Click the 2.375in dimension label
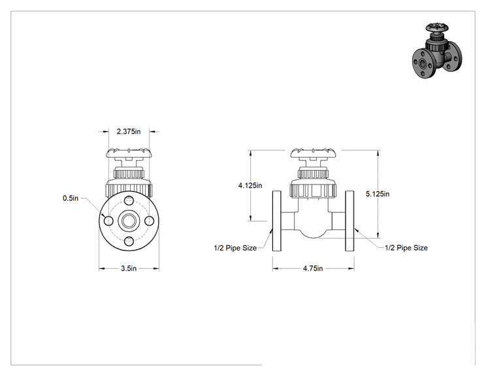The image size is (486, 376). click(129, 131)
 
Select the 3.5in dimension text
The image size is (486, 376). click(129, 268)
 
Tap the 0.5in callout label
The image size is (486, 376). click(71, 198)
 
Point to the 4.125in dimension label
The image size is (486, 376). click(250, 186)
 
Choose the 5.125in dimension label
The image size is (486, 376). click(378, 194)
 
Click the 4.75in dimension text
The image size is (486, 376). click(313, 268)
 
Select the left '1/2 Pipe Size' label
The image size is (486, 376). click(235, 248)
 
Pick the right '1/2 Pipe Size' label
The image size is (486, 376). click(406, 248)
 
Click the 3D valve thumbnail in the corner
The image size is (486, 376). click(437, 50)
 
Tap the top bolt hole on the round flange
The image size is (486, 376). click(129, 200)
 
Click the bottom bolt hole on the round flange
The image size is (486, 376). click(129, 241)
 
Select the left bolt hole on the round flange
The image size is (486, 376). click(108, 221)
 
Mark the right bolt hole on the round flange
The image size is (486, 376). click(150, 221)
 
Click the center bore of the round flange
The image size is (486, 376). click(129, 221)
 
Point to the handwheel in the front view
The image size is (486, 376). click(129, 153)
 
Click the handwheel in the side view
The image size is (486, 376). click(313, 153)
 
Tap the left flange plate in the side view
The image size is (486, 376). click(277, 221)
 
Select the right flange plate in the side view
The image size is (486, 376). click(349, 221)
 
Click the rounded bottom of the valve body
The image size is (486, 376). click(313, 235)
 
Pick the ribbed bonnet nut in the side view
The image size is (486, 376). click(313, 190)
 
